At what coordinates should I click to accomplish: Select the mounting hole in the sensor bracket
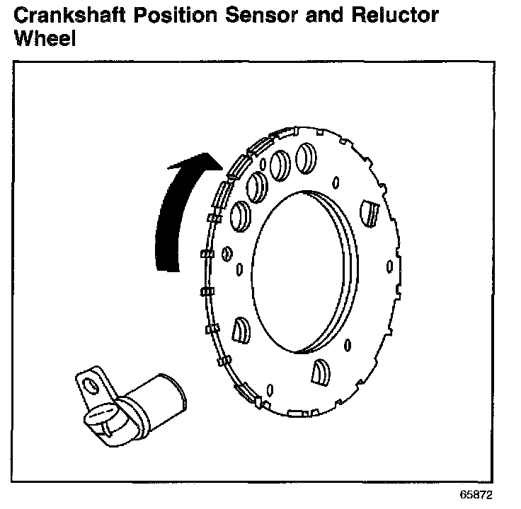(89, 384)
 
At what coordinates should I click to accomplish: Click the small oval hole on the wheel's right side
(389, 267)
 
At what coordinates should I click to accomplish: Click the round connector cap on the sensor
(101, 417)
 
